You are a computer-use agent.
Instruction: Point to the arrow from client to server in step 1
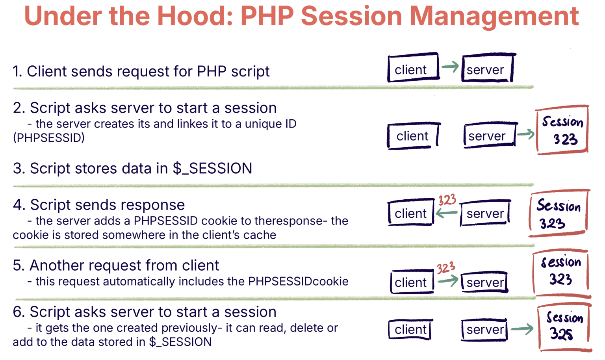[x=450, y=67]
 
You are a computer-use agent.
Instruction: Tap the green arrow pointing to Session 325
[x=522, y=328]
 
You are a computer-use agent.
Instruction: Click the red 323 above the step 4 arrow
[x=447, y=200]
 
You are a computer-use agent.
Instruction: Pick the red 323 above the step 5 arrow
[x=446, y=268]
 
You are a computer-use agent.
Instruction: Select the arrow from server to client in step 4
[x=446, y=213]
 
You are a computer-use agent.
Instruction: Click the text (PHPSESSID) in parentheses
[x=49, y=138]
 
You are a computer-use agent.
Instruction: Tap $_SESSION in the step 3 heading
[x=212, y=169]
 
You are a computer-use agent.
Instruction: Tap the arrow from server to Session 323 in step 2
[x=525, y=134]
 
